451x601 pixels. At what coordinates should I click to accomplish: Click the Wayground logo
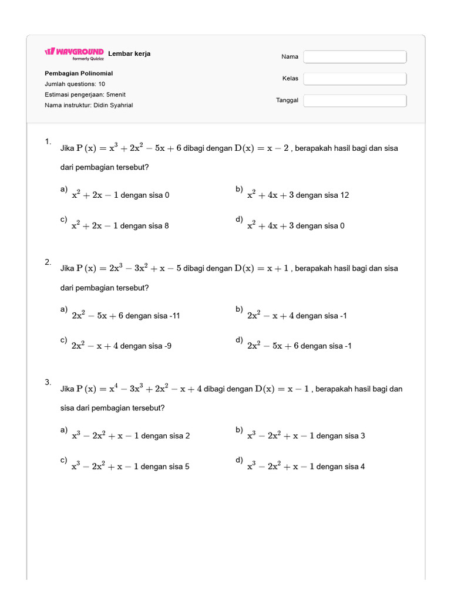(x=75, y=52)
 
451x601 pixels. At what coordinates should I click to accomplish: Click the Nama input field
(x=355, y=57)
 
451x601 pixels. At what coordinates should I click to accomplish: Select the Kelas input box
(x=355, y=79)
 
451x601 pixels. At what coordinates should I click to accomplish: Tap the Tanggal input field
(x=355, y=100)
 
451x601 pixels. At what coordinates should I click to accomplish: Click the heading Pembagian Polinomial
(x=79, y=73)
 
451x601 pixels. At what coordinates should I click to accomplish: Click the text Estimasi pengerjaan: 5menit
(x=85, y=94)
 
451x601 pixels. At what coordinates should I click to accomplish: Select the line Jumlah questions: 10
(x=75, y=84)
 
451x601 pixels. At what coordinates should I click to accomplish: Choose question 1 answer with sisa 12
(x=298, y=195)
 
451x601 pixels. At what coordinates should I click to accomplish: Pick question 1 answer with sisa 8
(x=120, y=225)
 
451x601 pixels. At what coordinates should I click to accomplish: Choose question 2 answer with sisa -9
(x=121, y=346)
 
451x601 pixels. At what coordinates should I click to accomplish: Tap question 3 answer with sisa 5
(x=130, y=467)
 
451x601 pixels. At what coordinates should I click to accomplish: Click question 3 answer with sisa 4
(x=305, y=467)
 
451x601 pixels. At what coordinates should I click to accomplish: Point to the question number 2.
(x=48, y=262)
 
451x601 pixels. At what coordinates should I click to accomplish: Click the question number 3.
(x=48, y=382)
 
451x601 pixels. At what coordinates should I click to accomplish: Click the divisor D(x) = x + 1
(x=262, y=268)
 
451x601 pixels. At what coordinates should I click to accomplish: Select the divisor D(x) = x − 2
(x=262, y=148)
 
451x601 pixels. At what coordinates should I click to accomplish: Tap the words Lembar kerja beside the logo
(x=129, y=53)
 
